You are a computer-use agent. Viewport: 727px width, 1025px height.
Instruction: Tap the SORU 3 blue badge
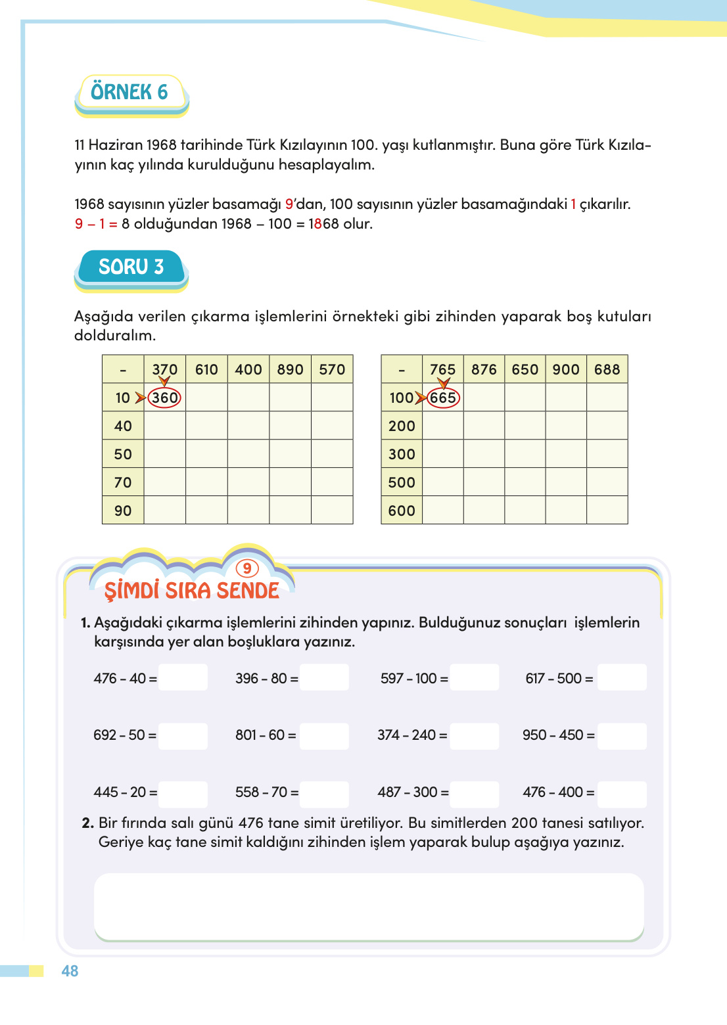[131, 267]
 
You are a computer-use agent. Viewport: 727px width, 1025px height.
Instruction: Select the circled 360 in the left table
[164, 398]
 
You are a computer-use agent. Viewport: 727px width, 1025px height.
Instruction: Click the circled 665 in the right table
[443, 398]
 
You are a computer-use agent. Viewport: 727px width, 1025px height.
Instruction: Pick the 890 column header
[290, 369]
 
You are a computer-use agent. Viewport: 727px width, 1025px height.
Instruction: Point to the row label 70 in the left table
[123, 482]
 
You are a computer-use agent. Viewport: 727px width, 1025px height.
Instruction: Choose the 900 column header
[565, 369]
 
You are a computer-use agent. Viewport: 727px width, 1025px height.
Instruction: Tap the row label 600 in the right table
[402, 511]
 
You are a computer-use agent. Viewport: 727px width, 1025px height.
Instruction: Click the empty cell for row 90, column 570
[332, 511]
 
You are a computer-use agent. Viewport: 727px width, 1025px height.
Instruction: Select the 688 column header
[607, 369]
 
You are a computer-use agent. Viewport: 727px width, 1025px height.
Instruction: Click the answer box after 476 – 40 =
[183, 678]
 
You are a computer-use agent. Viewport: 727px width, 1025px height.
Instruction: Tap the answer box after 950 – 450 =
[622, 735]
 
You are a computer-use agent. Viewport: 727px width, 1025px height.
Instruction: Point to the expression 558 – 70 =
[266, 792]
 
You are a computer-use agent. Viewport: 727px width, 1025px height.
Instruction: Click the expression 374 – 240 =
[411, 735]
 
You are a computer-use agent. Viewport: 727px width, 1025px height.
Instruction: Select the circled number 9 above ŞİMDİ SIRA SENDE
[247, 568]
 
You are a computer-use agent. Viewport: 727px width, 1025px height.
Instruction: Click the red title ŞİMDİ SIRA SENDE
[192, 591]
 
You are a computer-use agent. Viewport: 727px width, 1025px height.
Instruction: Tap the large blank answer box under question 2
[369, 906]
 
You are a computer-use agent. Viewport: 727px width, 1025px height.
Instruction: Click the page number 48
[70, 971]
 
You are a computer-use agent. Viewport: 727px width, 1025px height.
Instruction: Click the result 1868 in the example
[323, 224]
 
